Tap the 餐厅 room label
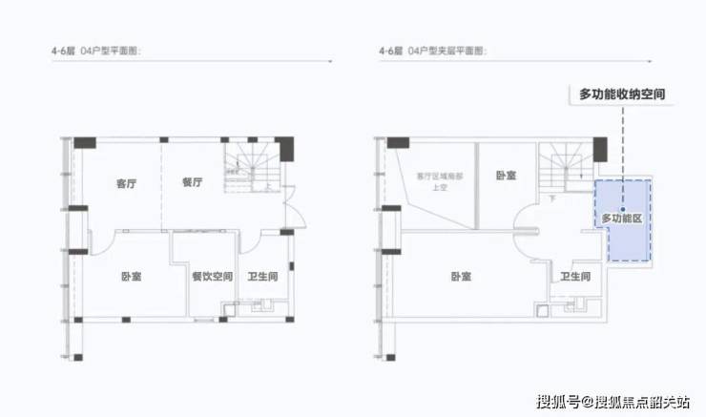point(192,183)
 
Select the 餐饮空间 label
point(212,277)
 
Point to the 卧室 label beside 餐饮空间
point(131,277)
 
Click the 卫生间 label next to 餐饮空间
point(263,277)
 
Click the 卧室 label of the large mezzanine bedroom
point(462,277)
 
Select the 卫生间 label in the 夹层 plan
point(574,277)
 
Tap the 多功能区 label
point(619,219)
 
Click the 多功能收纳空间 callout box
point(621,94)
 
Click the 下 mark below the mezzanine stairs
point(553,198)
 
